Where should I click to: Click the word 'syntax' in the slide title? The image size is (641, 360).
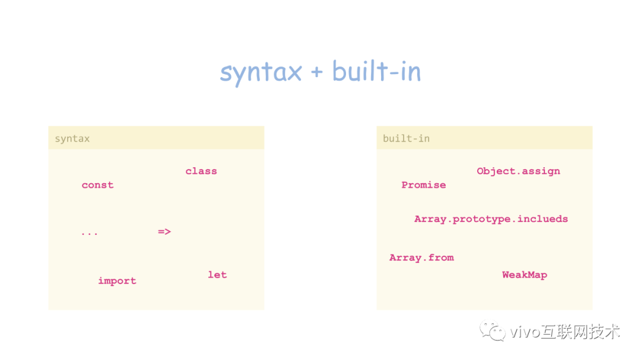pos(261,72)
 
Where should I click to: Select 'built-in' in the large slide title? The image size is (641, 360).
pos(376,71)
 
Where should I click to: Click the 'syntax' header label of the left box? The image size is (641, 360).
pos(72,139)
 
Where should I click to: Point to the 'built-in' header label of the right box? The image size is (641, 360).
pos(406,139)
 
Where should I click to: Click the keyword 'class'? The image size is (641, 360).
pos(201,171)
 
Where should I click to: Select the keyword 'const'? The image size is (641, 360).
pos(97,185)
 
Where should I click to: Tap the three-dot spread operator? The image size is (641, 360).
pos(89,233)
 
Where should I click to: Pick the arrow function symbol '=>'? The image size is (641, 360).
pos(164,231)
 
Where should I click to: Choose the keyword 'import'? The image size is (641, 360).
pos(117,281)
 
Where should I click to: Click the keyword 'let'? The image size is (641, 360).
pos(217,275)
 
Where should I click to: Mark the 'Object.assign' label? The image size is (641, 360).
pos(518,171)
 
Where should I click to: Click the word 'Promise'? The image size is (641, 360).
pos(423,185)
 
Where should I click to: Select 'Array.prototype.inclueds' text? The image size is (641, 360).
pos(491,219)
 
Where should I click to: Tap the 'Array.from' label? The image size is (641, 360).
pos(421,257)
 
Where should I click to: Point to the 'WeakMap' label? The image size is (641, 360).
pos(524,275)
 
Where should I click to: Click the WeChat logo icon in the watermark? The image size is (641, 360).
pos(493,331)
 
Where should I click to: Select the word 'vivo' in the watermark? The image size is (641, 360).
pos(525,332)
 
